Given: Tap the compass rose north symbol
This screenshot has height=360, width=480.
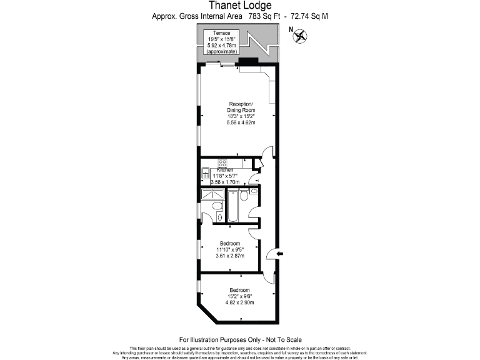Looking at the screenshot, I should coord(301,36).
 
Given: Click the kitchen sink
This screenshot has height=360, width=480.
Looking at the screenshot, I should coord(204,176).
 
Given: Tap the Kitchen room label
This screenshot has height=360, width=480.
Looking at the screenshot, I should coord(225,170).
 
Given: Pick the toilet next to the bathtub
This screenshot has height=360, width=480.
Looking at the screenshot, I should coord(244,196).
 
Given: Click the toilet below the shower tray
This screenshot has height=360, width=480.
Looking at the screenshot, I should coord(216,206).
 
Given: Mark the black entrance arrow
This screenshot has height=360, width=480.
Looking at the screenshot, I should coord(279,253).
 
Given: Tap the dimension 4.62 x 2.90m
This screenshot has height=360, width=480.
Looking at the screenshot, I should coord(239,303).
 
